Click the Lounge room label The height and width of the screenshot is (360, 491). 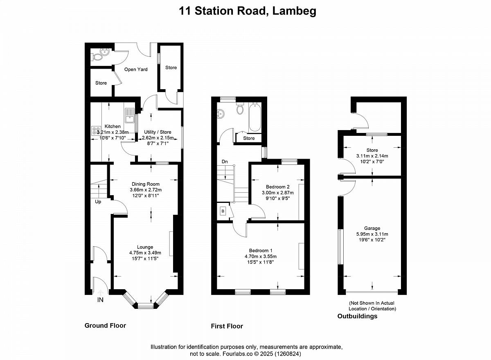point(145,247)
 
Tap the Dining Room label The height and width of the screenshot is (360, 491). point(146,184)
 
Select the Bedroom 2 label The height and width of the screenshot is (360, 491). point(277,187)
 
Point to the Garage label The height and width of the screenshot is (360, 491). point(372,228)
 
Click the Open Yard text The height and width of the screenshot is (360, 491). point(136,70)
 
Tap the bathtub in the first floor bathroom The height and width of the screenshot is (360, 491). point(255,117)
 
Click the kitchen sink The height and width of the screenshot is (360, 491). point(130,116)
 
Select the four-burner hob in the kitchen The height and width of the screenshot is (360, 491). point(96,131)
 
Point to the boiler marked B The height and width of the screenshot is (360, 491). point(223,211)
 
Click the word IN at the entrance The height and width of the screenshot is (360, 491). point(100,300)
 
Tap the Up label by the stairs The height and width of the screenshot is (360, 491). point(98,202)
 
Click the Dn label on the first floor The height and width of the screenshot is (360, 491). point(225,162)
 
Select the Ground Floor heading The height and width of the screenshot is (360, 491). point(105,326)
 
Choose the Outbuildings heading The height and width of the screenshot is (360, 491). point(357,316)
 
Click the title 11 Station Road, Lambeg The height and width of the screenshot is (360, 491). point(248,11)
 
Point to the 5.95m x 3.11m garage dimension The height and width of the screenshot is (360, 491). point(372,234)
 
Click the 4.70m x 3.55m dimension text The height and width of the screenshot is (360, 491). point(260,256)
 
